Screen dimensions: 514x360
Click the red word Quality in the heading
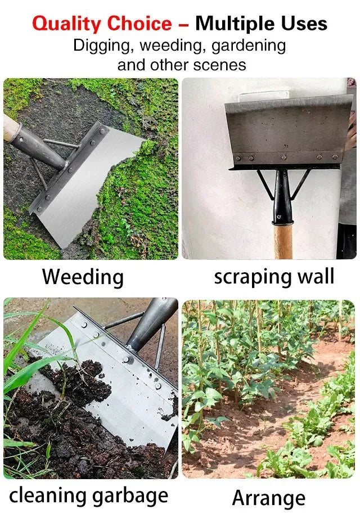[67, 24]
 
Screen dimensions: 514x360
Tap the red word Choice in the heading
[139, 24]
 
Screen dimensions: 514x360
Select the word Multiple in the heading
[237, 24]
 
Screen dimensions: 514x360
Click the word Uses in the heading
[305, 24]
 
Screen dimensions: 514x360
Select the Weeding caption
[83, 277]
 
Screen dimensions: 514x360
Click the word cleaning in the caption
[48, 495]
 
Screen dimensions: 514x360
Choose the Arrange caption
[269, 498]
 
